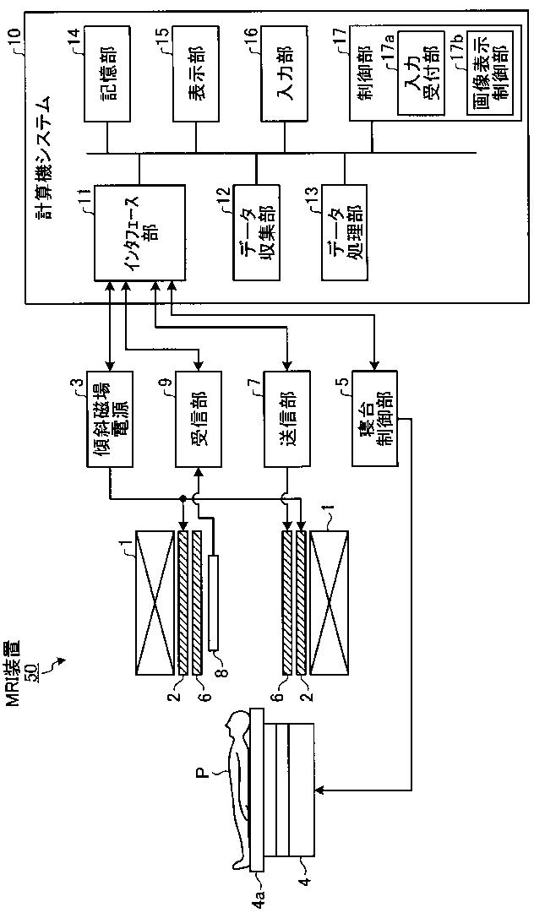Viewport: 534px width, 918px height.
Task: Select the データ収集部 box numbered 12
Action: pyautogui.click(x=256, y=232)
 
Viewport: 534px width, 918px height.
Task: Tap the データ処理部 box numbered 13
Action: pyautogui.click(x=344, y=232)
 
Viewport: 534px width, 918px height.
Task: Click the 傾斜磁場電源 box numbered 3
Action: pyautogui.click(x=110, y=419)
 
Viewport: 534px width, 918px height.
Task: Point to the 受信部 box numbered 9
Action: pyautogui.click(x=199, y=419)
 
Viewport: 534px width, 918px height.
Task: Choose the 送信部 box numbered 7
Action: pyautogui.click(x=287, y=419)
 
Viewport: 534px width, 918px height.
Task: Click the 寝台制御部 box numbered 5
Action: pyautogui.click(x=375, y=419)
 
